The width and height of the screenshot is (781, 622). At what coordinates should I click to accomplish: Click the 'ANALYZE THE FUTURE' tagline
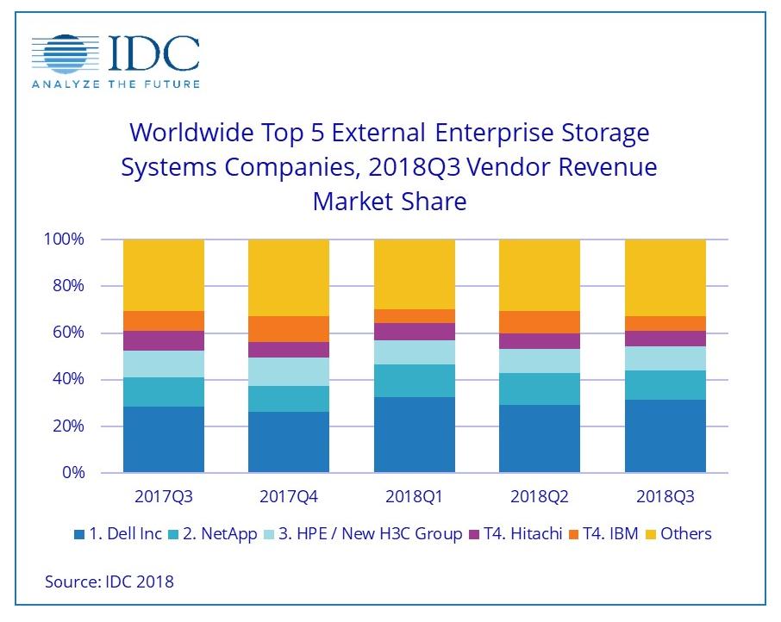pos(116,84)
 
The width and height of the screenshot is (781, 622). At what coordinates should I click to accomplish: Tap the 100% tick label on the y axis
pos(65,239)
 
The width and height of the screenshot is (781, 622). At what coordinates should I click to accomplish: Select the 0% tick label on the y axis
pos(73,473)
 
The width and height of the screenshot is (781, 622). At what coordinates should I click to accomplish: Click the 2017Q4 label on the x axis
pos(289,497)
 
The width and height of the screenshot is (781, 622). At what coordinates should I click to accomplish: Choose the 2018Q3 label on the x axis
pos(665,497)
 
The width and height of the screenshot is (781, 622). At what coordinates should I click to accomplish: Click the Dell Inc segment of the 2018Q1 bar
pos(414,435)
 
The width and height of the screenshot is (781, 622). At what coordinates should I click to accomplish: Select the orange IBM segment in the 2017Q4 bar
pos(289,329)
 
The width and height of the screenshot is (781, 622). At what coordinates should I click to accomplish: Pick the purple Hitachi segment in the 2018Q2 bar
pos(540,341)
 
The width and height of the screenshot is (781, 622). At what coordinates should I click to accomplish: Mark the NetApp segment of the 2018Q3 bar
pos(665,385)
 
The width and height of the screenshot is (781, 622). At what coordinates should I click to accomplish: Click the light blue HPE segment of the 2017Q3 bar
pos(164,364)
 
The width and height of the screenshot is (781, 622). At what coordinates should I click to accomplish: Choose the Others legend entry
pos(685,534)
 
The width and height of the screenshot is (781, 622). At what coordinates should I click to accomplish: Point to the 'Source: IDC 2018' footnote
pos(109,582)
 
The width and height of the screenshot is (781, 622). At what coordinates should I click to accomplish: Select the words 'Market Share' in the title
pos(389,201)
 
